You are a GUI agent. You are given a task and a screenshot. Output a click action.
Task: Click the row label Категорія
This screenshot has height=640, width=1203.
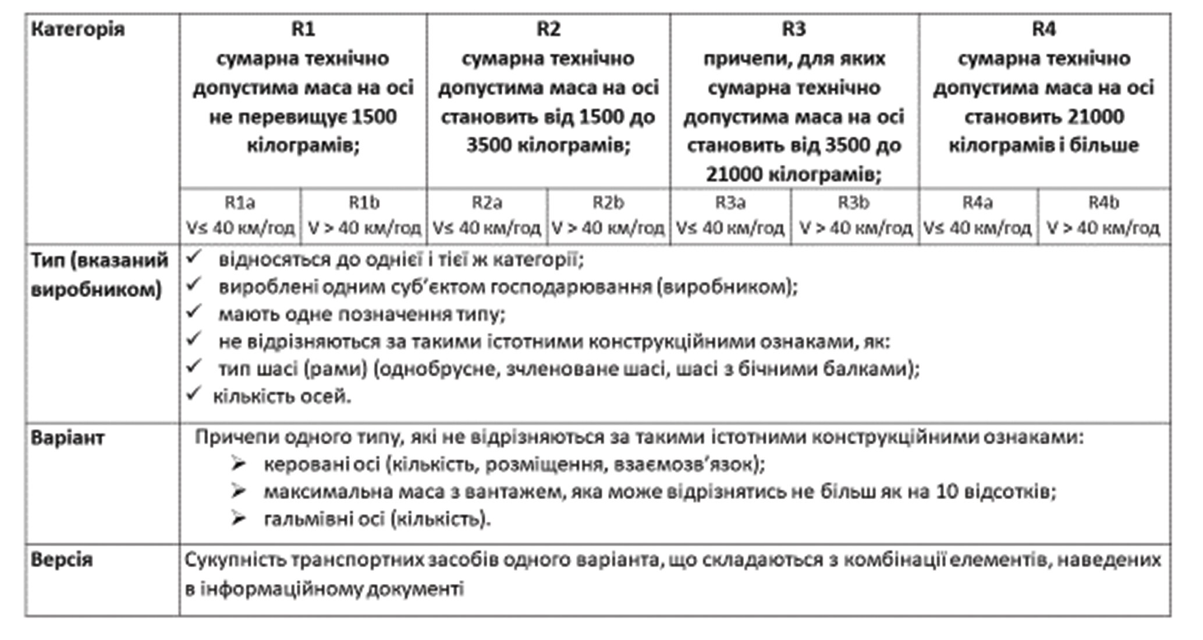(77, 29)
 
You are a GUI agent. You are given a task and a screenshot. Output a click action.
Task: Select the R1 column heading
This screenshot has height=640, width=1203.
(303, 29)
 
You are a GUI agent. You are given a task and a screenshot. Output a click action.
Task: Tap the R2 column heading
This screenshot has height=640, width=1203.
(548, 29)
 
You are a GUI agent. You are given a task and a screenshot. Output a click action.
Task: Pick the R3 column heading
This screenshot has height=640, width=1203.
(794, 29)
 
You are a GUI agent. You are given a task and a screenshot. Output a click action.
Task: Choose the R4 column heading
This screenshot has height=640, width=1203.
(1044, 29)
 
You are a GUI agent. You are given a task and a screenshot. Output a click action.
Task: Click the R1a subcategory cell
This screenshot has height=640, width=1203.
(240, 215)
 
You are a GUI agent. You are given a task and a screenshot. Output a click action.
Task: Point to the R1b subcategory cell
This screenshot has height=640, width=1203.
(364, 215)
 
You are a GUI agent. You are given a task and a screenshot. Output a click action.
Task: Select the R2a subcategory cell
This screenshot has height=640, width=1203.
(487, 215)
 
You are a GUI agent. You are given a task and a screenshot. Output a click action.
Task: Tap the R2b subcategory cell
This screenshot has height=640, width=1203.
(608, 215)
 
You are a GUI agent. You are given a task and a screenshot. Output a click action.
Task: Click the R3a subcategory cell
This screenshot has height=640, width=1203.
(730, 215)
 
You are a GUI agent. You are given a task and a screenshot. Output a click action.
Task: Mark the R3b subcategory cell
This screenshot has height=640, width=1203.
(854, 215)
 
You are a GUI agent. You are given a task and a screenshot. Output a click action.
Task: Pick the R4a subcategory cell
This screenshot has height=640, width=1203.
(977, 215)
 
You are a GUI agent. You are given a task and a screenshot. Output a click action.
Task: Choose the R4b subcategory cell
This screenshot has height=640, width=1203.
(1103, 215)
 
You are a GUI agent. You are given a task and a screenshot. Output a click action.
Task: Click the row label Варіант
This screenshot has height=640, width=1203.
(68, 438)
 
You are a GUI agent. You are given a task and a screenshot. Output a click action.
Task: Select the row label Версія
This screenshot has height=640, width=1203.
(61, 560)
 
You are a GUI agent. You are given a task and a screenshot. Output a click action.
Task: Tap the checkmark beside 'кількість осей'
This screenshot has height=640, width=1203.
(193, 394)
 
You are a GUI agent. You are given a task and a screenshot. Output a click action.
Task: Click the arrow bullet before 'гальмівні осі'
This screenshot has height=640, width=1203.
(238, 518)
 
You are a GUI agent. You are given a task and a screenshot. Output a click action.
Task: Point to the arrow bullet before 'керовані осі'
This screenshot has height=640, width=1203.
(238, 464)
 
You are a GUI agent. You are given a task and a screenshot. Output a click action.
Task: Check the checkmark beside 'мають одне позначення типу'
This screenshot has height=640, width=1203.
(193, 312)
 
